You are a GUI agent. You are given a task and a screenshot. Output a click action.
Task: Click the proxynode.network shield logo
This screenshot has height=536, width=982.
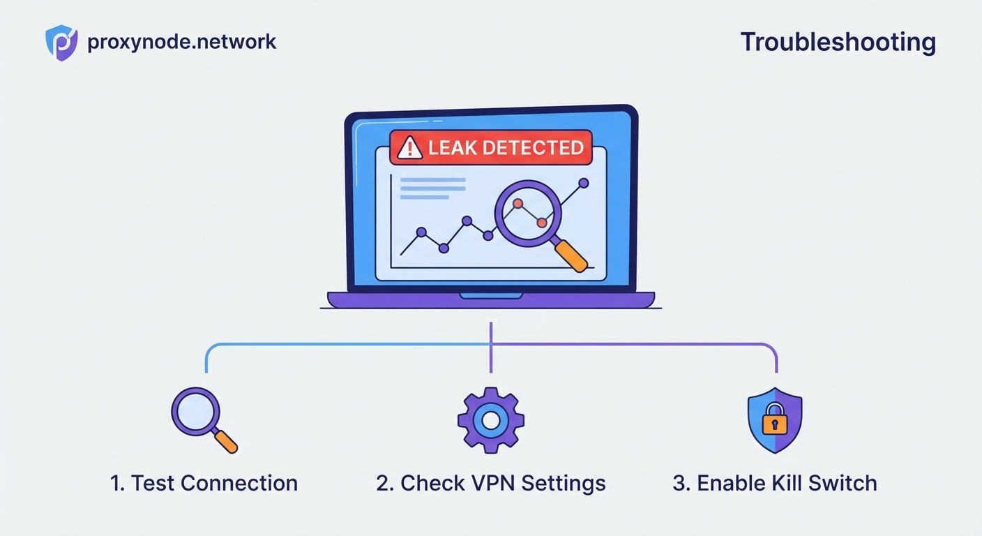pos(61,43)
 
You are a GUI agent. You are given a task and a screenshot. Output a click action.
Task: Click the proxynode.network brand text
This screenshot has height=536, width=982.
pos(182,42)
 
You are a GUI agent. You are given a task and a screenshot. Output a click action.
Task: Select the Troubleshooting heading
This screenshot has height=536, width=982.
pos(838,42)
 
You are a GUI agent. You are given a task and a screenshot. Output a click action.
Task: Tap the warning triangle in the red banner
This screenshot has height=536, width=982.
pos(410,148)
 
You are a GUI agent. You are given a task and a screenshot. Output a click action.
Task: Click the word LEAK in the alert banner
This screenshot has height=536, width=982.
pos(452,148)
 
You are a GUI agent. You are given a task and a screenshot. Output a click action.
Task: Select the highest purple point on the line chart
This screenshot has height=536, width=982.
pos(584,183)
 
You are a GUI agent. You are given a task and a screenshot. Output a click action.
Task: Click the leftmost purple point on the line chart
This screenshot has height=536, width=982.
pos(421,232)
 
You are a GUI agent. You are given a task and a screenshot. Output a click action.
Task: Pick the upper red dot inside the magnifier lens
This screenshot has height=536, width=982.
pos(518,203)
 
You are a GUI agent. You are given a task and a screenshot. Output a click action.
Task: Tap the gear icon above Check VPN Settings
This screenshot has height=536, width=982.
pos(491,420)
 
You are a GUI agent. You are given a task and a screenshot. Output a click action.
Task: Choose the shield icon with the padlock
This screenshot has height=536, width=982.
pos(774,420)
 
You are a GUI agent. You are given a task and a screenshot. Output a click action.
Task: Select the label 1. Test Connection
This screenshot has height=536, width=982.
pos(204,483)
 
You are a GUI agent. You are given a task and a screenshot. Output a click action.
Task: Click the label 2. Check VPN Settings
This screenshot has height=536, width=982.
pos(491,483)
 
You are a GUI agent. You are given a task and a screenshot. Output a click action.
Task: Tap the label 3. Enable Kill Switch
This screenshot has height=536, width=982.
pos(774,483)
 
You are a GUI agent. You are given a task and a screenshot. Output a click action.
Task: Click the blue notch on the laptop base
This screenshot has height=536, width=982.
pos(491,296)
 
